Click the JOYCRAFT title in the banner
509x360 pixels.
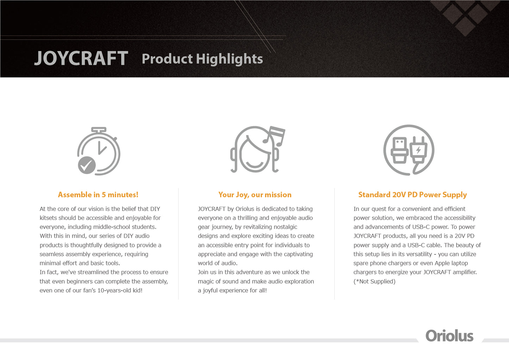[x=81, y=58]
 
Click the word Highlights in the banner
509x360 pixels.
[x=229, y=59]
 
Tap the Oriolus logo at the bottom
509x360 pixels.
[x=449, y=336]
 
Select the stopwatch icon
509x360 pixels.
[x=99, y=151]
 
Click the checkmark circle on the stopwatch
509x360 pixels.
[x=87, y=165]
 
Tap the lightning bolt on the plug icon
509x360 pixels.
[x=418, y=150]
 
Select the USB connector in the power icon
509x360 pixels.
[x=399, y=150]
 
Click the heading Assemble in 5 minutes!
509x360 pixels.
[x=98, y=195]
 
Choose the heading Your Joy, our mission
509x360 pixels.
[x=255, y=195]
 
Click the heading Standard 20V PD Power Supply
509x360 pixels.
[x=412, y=195]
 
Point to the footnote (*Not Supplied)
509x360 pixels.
[x=374, y=281]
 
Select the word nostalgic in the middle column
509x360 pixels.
[x=285, y=227]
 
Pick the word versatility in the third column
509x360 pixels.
[x=419, y=254]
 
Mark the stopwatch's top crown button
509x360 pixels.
[x=99, y=130]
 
